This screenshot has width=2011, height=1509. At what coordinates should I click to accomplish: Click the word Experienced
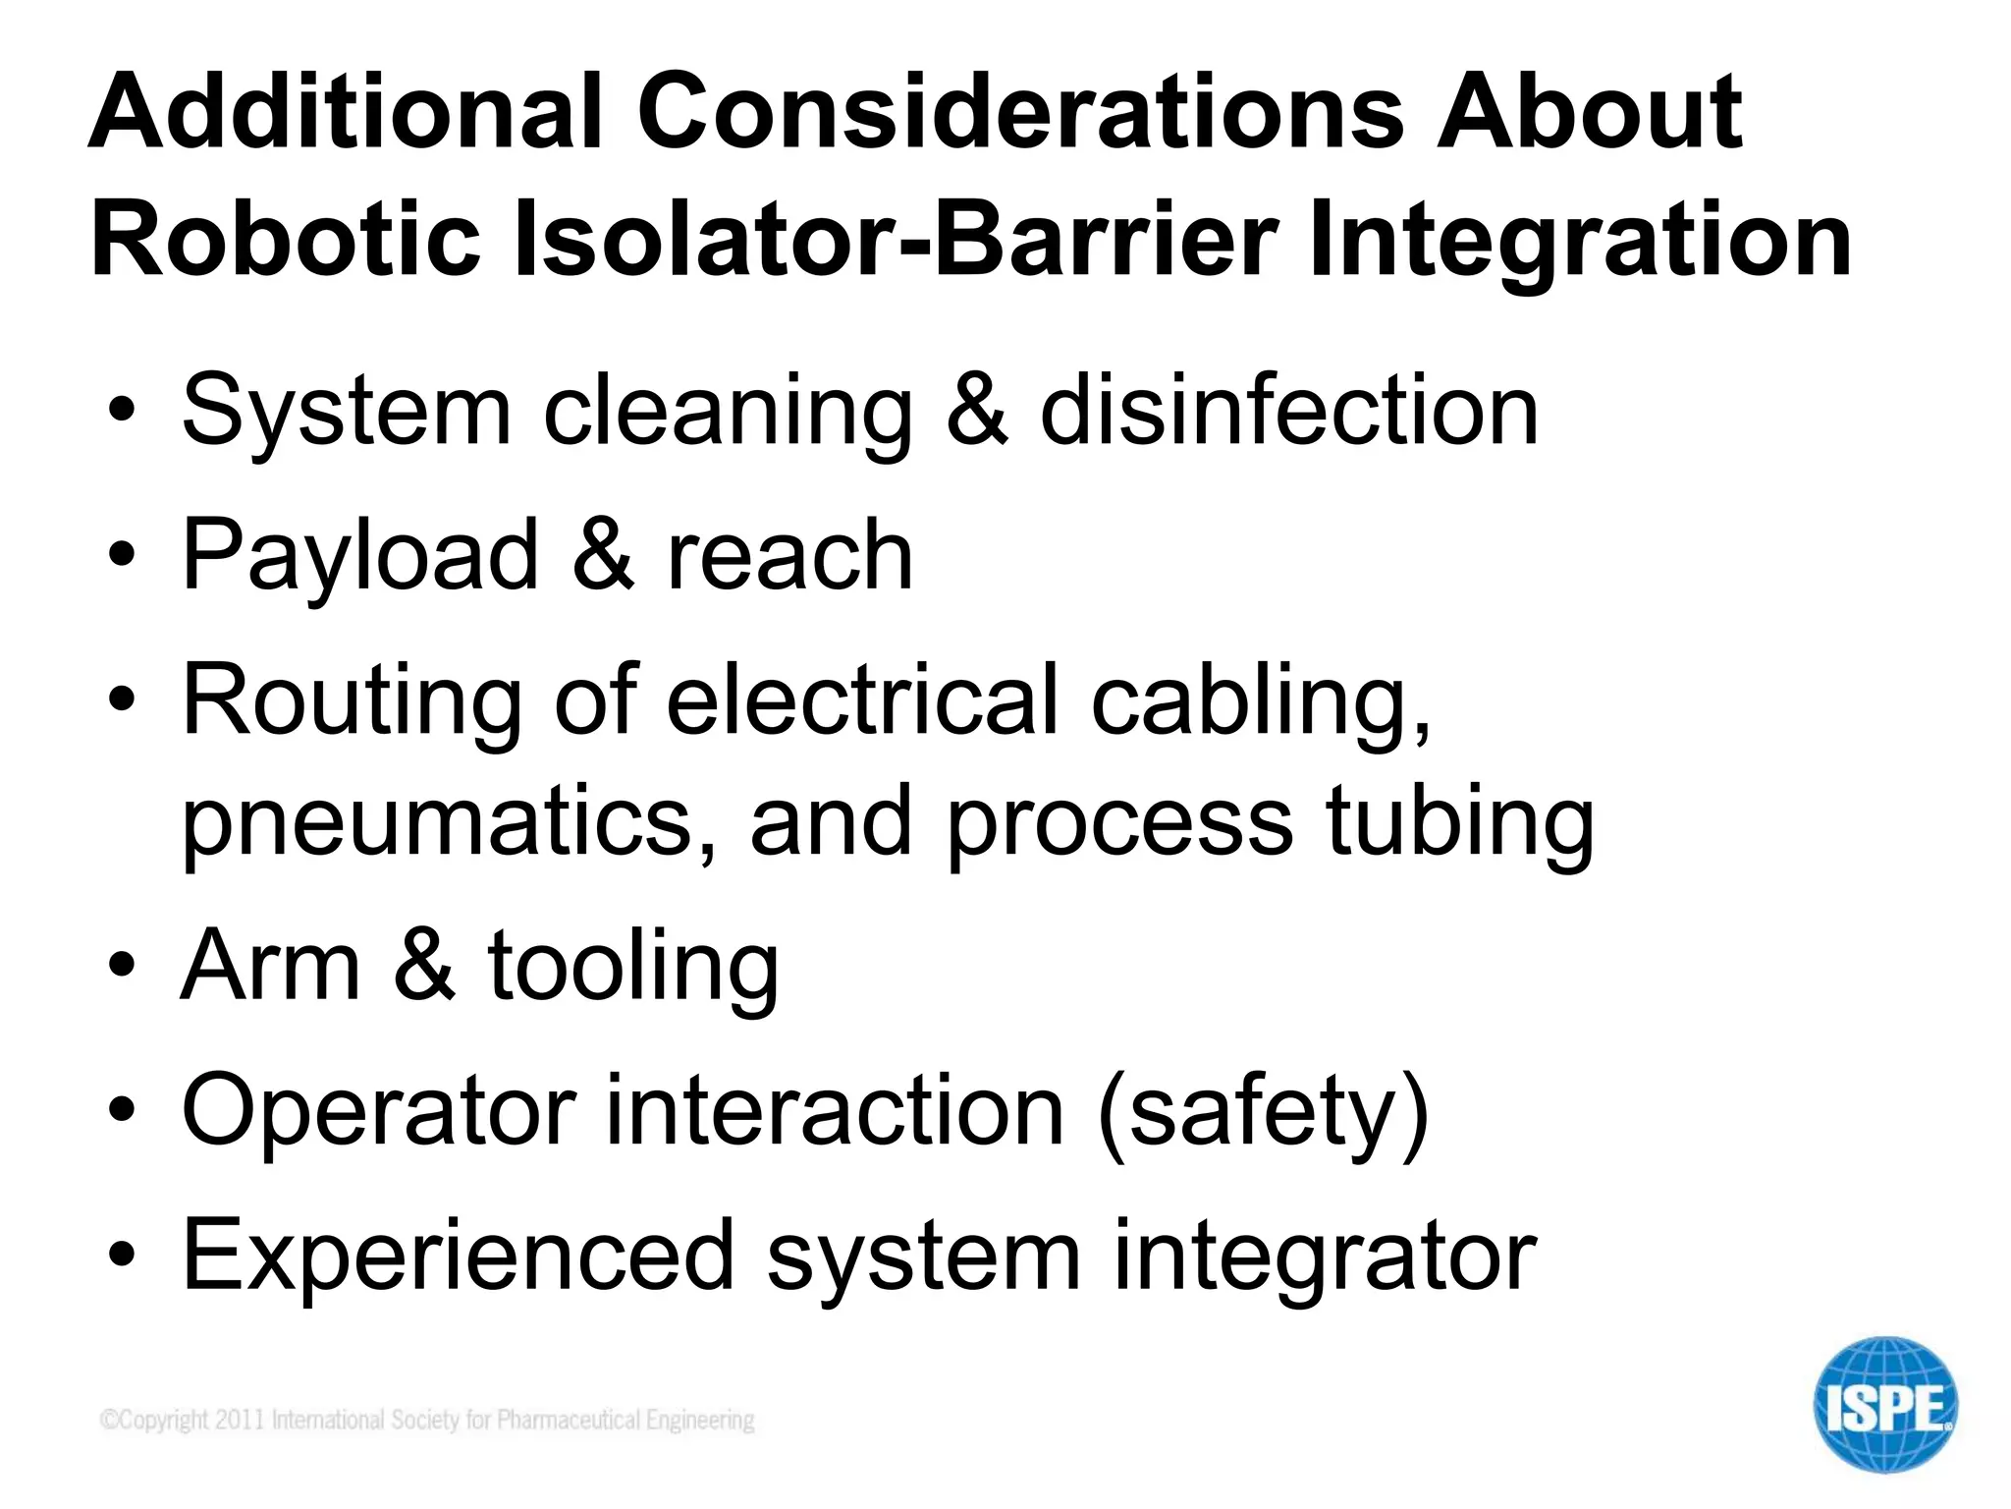point(458,1255)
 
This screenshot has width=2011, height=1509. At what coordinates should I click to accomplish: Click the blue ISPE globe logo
point(1884,1405)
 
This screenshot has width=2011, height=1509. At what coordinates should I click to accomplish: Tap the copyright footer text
point(427,1420)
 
